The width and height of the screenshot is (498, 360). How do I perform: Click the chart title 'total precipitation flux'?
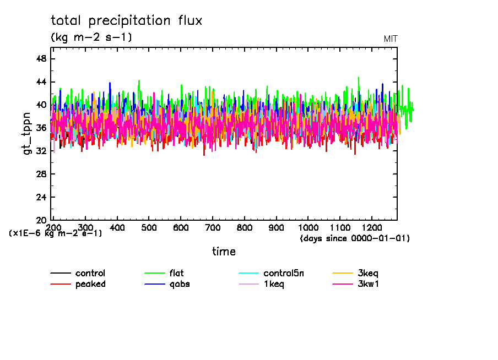tap(127, 21)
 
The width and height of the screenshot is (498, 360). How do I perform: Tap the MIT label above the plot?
tap(391, 39)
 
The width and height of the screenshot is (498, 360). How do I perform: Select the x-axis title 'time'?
tap(224, 252)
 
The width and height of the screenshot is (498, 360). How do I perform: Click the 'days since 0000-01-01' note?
tap(355, 238)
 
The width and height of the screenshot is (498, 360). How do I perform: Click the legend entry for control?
tap(90, 273)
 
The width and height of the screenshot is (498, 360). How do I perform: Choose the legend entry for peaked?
tap(90, 284)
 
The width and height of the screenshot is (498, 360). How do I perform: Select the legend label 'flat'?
tap(176, 273)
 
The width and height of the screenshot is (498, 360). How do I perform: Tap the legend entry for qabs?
tap(179, 284)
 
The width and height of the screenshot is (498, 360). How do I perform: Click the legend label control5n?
tap(282, 273)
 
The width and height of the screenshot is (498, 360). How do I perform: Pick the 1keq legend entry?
tap(274, 284)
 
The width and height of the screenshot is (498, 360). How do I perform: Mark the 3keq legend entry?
tap(368, 273)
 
